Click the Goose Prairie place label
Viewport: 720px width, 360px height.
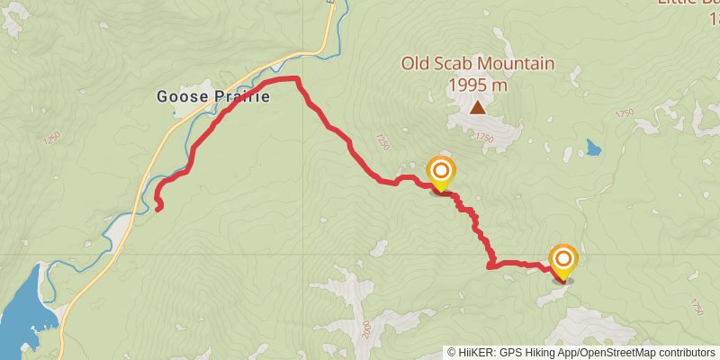[212, 96]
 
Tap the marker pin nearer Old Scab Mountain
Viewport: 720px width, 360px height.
[440, 173]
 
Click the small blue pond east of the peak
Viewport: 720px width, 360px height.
[593, 147]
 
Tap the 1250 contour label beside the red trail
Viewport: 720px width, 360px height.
[382, 142]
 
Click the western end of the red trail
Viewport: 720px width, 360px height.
[159, 208]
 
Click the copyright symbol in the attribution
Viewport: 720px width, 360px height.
[451, 352]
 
